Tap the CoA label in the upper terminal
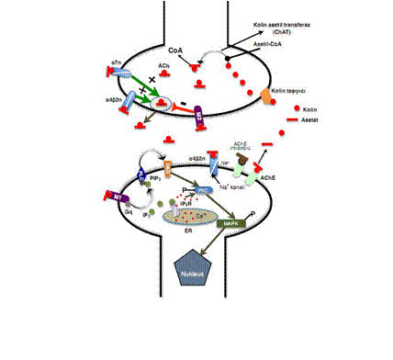tap(174, 54)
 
